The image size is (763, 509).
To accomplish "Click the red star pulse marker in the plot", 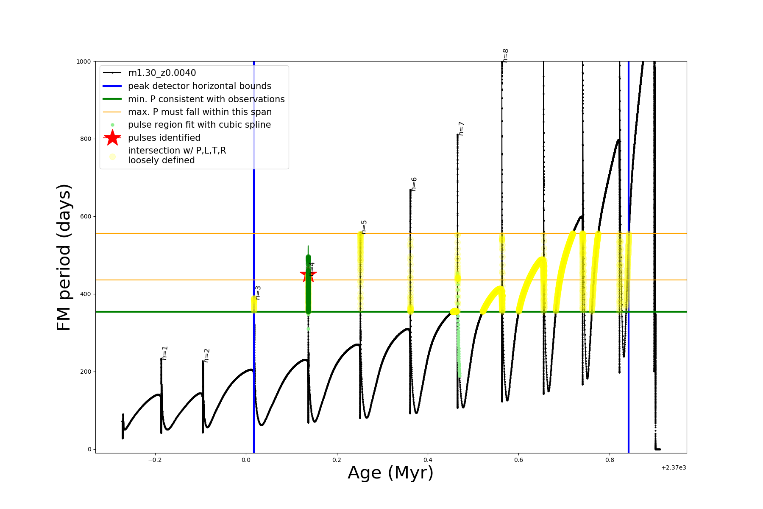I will click(308, 274).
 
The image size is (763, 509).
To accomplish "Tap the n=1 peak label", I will click(165, 353).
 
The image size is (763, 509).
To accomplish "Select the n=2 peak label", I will click(206, 355).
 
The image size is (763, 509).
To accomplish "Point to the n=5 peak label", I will click(364, 227).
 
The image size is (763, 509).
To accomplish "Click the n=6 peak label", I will click(414, 184).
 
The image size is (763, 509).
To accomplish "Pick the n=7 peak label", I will click(461, 129).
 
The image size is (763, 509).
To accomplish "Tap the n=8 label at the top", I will click(505, 56).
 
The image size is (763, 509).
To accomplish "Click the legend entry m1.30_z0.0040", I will click(162, 73).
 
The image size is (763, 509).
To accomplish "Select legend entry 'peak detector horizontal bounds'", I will click(199, 86).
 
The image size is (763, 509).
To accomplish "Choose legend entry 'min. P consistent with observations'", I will click(206, 99).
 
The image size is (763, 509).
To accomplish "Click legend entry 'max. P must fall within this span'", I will click(200, 112).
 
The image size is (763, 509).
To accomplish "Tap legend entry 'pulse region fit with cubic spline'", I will click(199, 125).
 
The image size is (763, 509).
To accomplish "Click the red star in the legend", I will click(112, 137).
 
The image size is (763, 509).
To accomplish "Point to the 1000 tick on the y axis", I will click(84, 62).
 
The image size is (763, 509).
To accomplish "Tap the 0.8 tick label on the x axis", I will click(610, 460).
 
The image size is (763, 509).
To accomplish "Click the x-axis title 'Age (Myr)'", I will click(390, 473).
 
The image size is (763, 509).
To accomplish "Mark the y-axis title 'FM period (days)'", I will click(64, 257).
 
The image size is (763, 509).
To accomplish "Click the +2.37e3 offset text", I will click(674, 467).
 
